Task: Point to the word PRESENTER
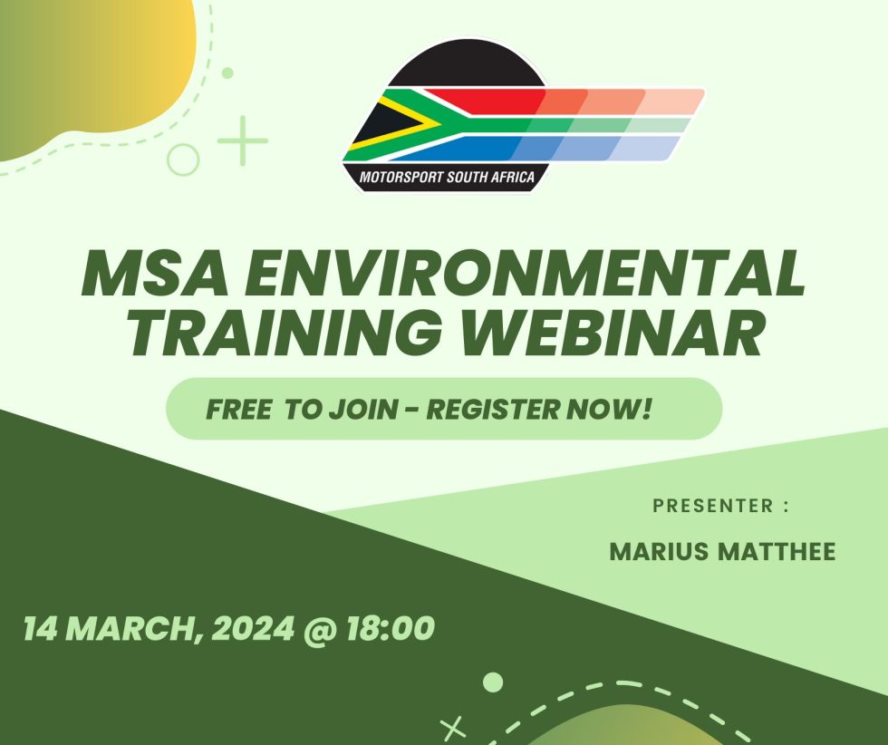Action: tap(712, 506)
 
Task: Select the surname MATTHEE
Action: tap(777, 552)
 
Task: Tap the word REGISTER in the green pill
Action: tap(494, 409)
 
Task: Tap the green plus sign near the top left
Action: tap(243, 140)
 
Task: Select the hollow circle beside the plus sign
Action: tap(184, 160)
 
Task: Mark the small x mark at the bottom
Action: tap(452, 727)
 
